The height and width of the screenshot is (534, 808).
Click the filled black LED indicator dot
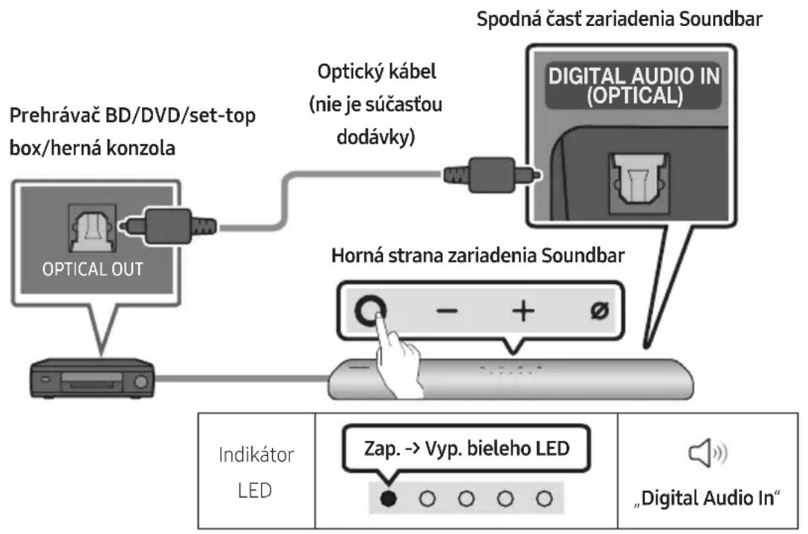[388, 498]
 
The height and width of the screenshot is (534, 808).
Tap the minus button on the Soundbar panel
[447, 310]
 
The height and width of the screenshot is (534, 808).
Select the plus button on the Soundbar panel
[523, 311]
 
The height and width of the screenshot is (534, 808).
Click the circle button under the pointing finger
[370, 311]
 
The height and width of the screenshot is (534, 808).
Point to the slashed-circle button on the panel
[599, 310]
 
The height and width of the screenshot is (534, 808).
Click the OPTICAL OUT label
[93, 269]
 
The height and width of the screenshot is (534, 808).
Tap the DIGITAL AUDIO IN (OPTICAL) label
[634, 86]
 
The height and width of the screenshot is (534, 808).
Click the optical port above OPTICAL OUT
[92, 228]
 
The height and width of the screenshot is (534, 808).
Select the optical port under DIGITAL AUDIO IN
[639, 182]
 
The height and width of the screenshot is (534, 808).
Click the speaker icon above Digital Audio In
[708, 453]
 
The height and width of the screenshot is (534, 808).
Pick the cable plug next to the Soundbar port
[492, 176]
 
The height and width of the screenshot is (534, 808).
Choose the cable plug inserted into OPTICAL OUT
[168, 225]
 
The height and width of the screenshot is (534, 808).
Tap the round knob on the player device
[140, 382]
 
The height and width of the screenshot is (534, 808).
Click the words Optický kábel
[377, 71]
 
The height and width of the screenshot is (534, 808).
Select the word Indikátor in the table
[256, 454]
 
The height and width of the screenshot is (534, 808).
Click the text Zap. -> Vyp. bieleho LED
[467, 448]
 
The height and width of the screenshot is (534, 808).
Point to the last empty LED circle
[544, 498]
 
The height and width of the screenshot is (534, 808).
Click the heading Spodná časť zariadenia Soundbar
[619, 19]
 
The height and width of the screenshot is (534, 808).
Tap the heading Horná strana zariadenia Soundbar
[478, 255]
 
